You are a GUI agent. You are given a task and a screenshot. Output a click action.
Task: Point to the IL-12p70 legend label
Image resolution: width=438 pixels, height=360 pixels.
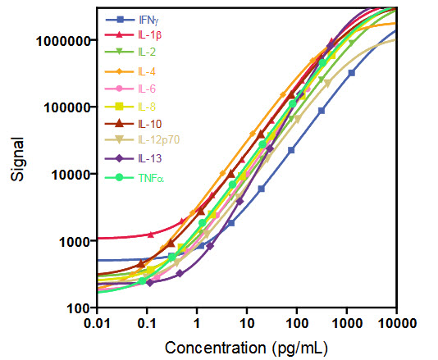tap(156, 141)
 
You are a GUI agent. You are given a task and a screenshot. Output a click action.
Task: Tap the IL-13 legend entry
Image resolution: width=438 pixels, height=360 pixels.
tap(148, 158)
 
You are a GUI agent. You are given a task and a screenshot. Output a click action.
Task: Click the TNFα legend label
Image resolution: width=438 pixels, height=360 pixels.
tap(150, 176)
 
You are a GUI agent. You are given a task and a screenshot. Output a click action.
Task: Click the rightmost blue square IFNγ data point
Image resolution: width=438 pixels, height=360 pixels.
tap(351, 73)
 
